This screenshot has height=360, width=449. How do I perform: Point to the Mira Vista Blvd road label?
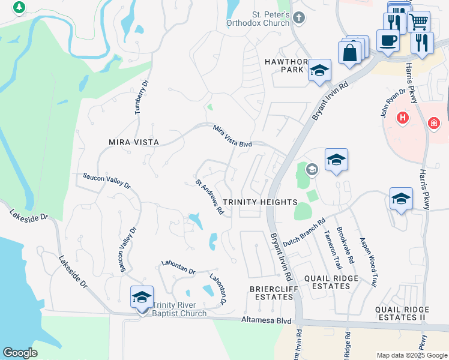(233, 136)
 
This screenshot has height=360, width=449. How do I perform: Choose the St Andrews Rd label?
(209, 197)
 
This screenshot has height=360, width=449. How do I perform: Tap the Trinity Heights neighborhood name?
(260, 202)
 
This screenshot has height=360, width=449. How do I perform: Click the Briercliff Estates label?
(271, 293)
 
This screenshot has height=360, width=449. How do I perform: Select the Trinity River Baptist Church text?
(179, 309)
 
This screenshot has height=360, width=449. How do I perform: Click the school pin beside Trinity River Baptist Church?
(142, 297)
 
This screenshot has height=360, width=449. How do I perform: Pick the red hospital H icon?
(403, 118)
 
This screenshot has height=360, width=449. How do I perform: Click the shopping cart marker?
(418, 23)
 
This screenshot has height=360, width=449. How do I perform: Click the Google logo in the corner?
(20, 353)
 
